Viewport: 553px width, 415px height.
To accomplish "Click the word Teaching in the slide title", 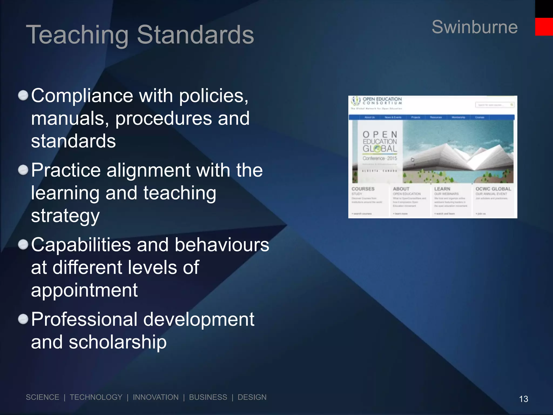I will [x=77, y=35].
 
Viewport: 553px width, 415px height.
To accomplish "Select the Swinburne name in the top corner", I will [x=474, y=27].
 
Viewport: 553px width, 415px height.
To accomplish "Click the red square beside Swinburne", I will [x=544, y=27].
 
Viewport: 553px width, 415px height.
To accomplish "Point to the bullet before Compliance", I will [x=23, y=95].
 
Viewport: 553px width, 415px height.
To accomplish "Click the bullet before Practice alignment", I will [x=23, y=170].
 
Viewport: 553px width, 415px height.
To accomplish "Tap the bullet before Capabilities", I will [x=23, y=245].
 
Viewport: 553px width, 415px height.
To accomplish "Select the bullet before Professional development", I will [x=23, y=319].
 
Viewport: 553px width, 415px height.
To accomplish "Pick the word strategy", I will [x=65, y=216].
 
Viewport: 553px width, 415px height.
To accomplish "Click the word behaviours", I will [x=222, y=245].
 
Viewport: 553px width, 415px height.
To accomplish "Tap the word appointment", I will [x=84, y=290].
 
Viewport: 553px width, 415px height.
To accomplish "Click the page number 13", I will [x=523, y=399].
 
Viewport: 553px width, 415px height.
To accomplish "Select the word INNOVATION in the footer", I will [x=156, y=397].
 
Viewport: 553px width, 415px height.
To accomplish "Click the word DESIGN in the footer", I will [x=252, y=397].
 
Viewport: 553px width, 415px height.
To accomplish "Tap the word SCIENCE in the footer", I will [x=42, y=397].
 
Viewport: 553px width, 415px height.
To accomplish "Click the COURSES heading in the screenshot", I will [x=363, y=189].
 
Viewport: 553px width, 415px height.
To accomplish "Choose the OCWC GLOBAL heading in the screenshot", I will [x=493, y=189].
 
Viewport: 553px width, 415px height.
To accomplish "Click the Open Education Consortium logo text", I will [x=382, y=101].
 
